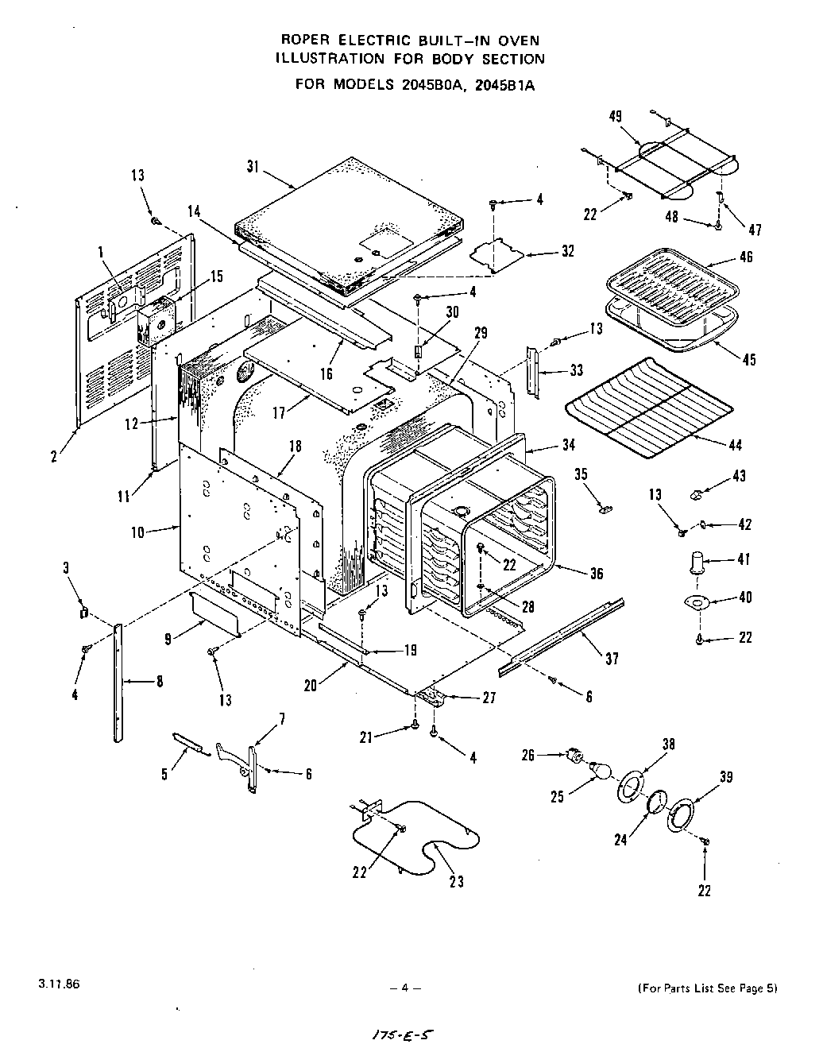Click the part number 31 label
click(253, 166)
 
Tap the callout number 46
click(745, 257)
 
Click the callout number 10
click(138, 532)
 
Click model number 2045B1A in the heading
click(504, 84)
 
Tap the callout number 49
click(616, 116)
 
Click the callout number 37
click(611, 659)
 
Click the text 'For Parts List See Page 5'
click(707, 988)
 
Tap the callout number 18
click(296, 447)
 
